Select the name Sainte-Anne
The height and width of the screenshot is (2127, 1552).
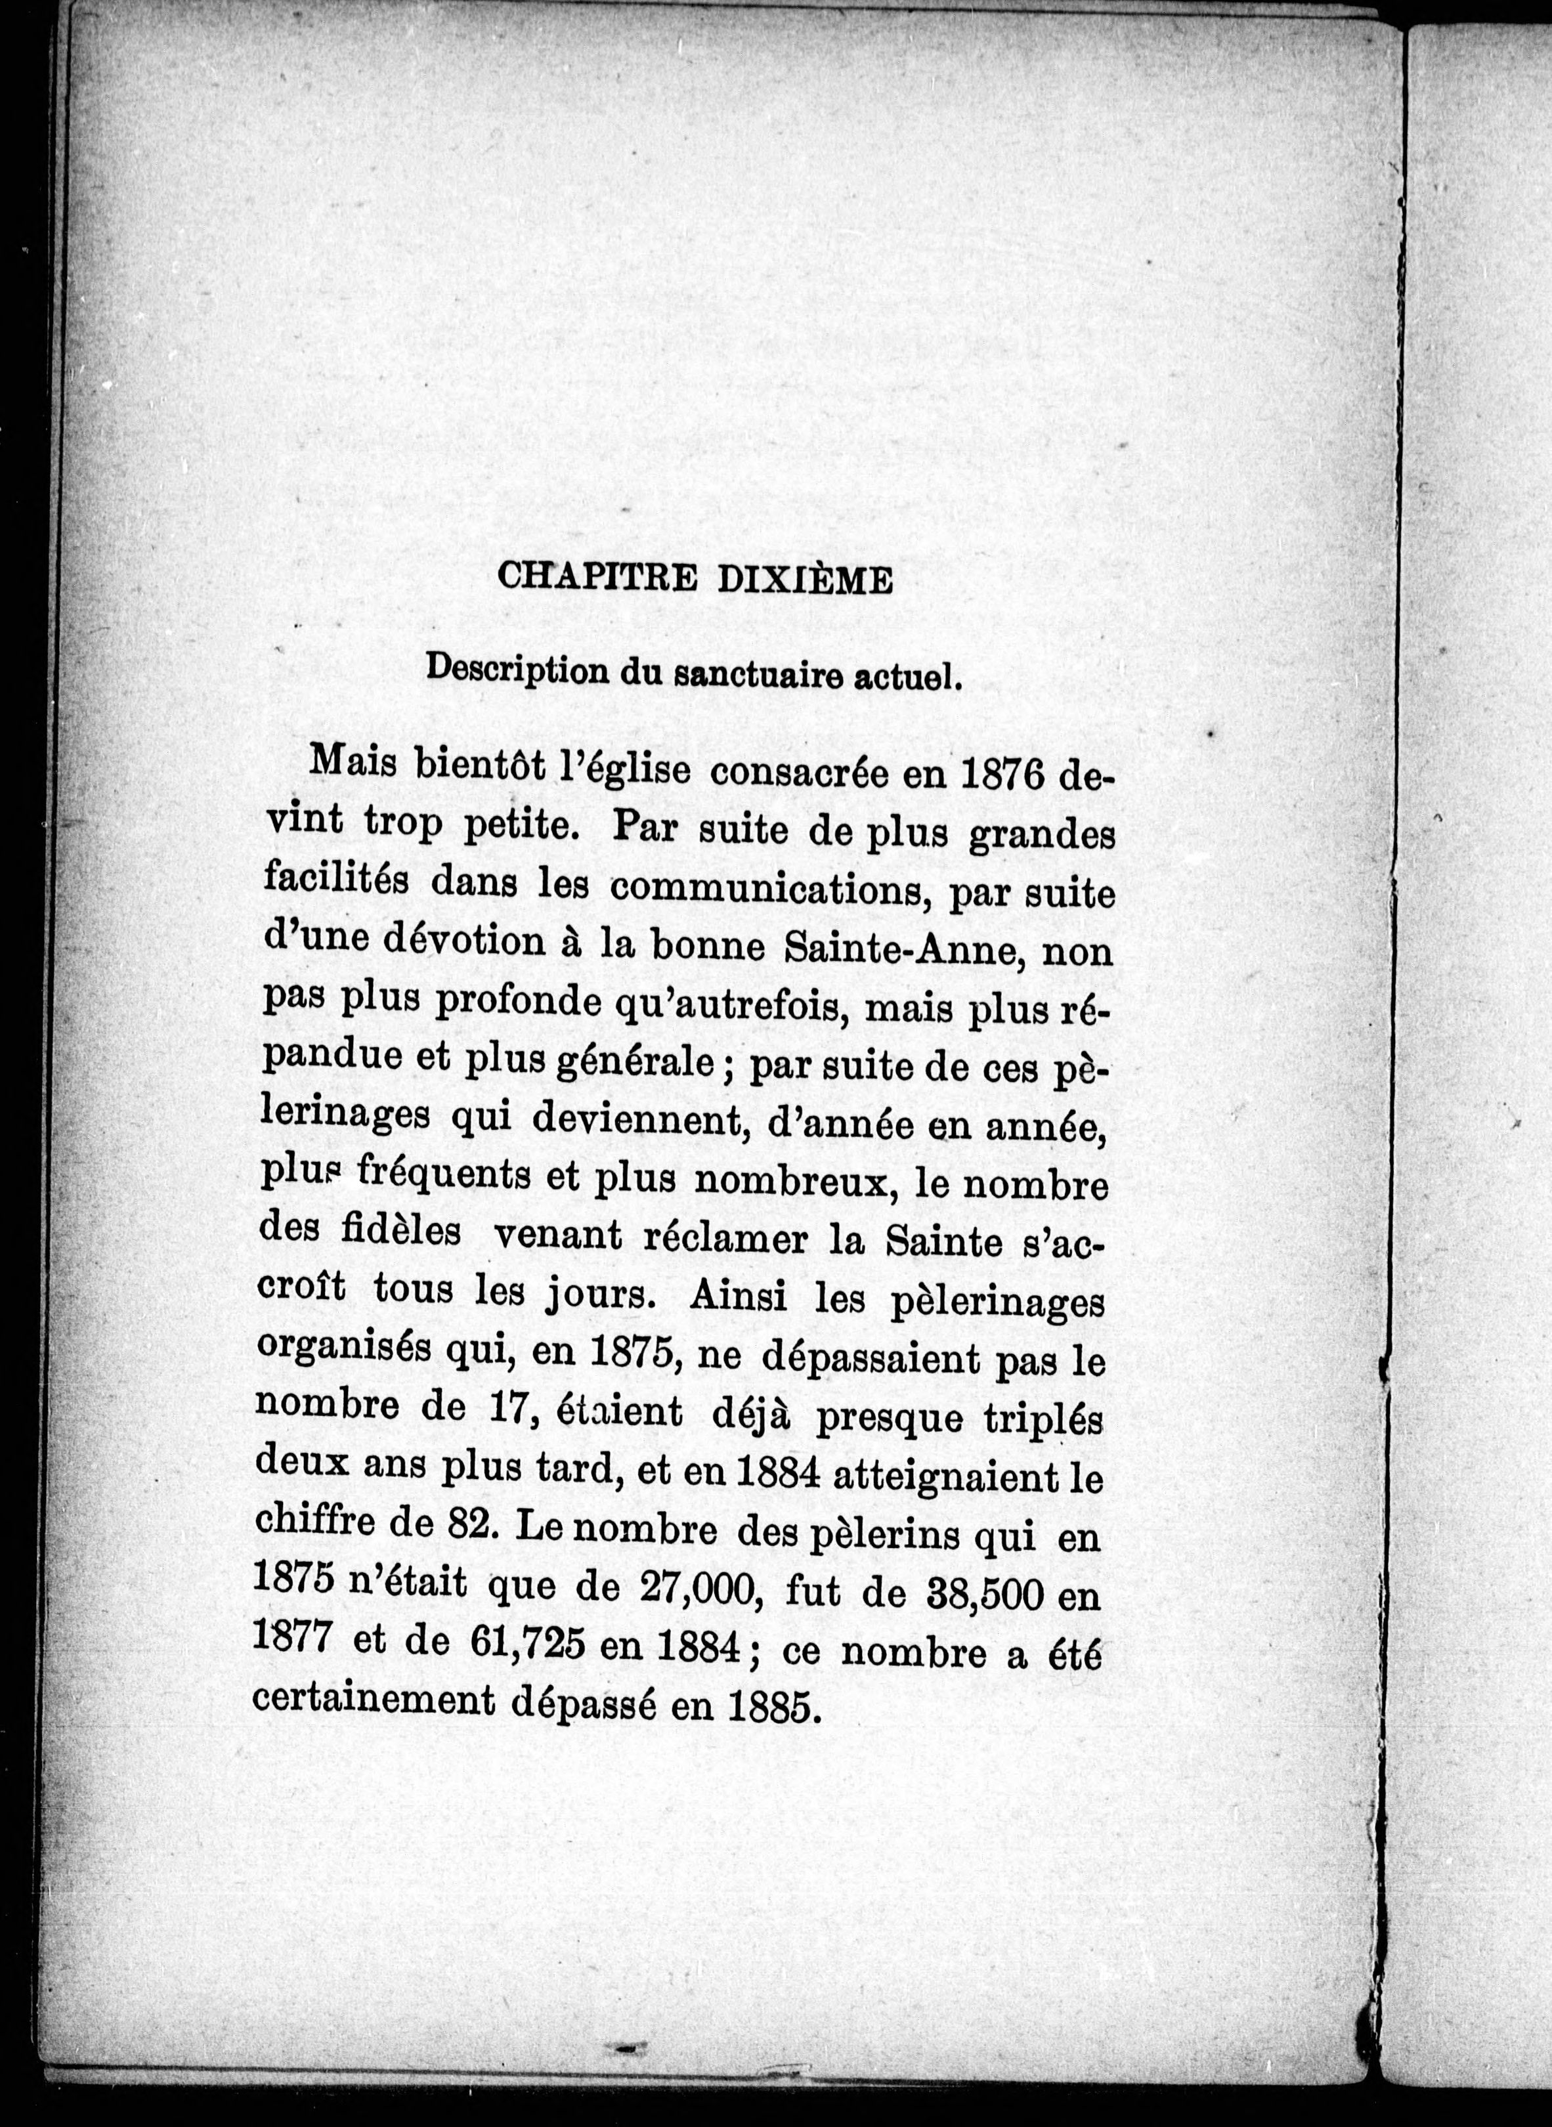click(907, 948)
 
